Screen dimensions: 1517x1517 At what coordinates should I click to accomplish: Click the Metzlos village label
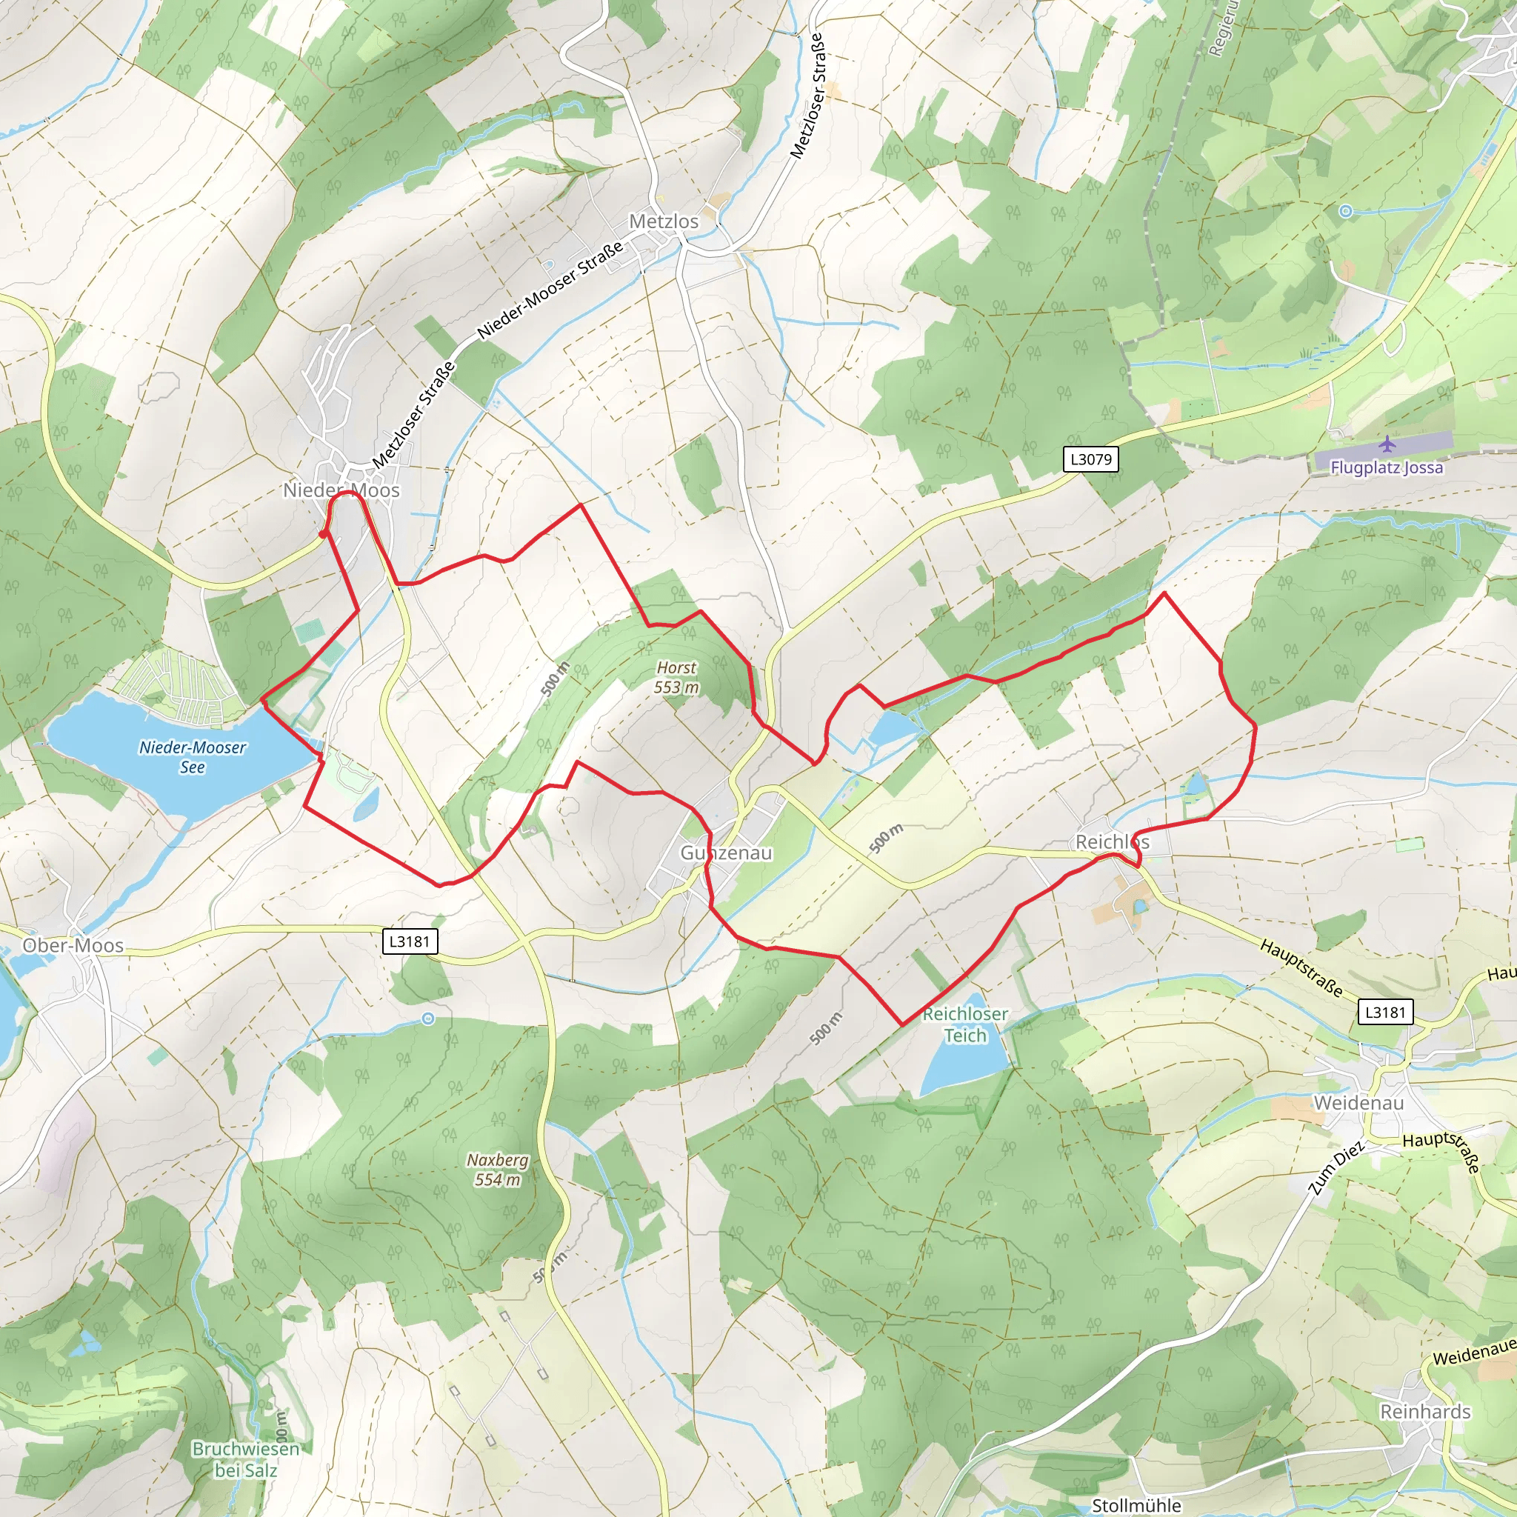[664, 221]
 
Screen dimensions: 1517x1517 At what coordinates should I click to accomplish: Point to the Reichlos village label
[1112, 841]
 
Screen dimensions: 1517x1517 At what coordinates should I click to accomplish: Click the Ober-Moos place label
[73, 945]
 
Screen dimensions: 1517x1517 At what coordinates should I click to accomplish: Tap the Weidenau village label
[1358, 1102]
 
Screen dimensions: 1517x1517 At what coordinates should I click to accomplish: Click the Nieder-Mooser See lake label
[193, 757]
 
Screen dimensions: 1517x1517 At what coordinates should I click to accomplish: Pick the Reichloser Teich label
[965, 1024]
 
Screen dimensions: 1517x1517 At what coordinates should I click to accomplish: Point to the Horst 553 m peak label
[676, 677]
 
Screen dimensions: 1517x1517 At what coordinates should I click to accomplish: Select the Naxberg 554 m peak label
[498, 1169]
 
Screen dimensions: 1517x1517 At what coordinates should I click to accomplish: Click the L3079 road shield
[1090, 459]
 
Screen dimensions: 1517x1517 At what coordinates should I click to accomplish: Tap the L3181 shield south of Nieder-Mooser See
[409, 941]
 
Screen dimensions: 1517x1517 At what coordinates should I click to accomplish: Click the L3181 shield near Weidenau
[1385, 1012]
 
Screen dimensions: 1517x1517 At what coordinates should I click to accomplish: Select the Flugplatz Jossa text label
[1386, 468]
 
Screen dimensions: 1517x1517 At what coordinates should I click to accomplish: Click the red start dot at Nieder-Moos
[323, 535]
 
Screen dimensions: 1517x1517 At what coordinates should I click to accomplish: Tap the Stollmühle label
[1136, 1505]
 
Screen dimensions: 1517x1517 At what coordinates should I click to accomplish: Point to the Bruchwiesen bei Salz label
[246, 1459]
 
